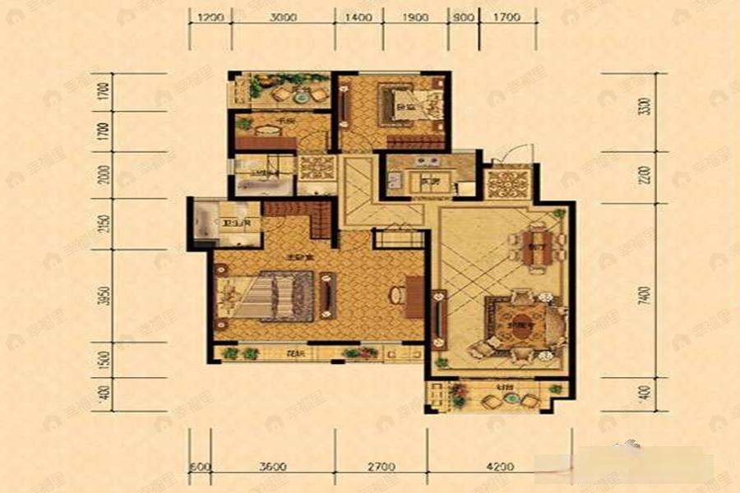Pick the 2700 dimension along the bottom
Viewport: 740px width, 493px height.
tap(381, 468)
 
